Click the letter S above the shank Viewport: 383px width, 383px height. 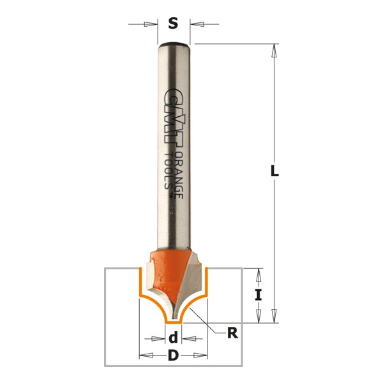pos(173,24)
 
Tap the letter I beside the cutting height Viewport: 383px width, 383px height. pos(259,295)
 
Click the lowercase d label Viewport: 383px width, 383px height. pos(172,339)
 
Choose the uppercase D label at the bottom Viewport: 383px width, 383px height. pos(172,356)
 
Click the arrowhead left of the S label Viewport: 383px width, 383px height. pos(151,25)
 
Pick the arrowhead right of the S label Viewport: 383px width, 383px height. pos(199,25)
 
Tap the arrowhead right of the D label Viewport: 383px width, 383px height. pos(200,356)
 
